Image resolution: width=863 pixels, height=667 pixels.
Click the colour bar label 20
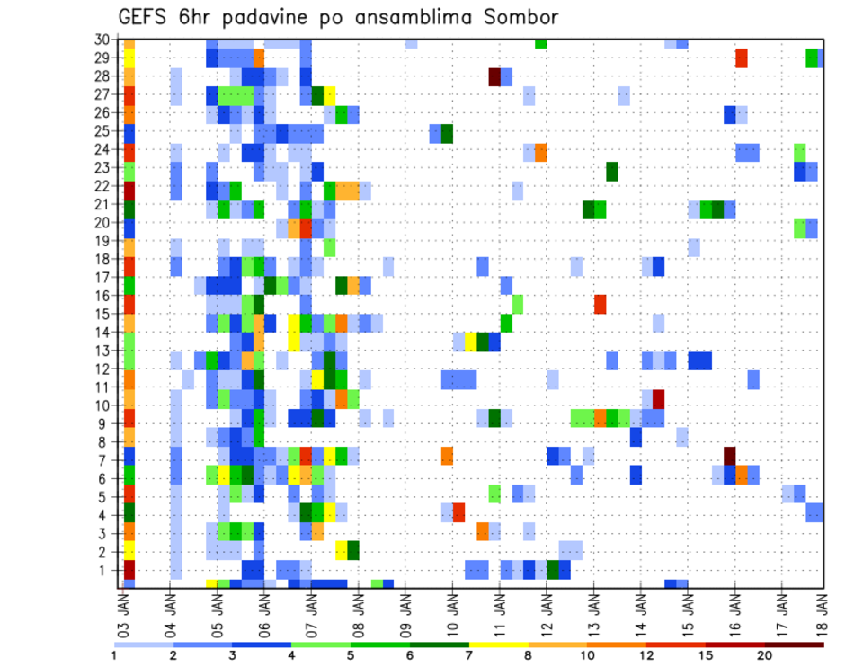[x=765, y=655]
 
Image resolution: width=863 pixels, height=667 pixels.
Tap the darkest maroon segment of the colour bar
[x=795, y=645]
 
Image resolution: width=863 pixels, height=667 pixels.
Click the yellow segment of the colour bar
[x=499, y=645]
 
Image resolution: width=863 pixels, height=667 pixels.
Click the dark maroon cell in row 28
[x=494, y=76]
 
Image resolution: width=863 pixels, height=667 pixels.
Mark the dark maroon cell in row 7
[x=729, y=455]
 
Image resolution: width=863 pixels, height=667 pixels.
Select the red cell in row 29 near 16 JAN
[x=742, y=58]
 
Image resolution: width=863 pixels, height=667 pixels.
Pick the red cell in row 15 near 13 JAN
[x=600, y=304]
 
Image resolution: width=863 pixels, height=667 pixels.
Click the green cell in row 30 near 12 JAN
[x=540, y=42]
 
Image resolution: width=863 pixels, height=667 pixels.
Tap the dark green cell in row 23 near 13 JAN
[x=612, y=171]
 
